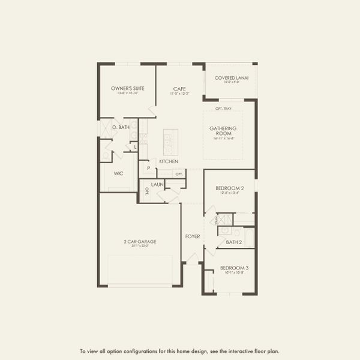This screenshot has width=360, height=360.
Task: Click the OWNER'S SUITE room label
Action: coord(125,88)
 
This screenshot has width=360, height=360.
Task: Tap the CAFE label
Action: coord(179,88)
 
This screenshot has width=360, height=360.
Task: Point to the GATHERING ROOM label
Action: coord(223,130)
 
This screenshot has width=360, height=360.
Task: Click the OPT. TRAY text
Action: coord(223,109)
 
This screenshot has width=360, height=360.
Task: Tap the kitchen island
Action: coord(170,142)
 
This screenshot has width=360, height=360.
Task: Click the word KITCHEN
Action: coord(169,161)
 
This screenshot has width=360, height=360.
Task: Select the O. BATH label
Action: coord(121,127)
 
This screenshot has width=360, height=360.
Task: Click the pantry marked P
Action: coord(148,169)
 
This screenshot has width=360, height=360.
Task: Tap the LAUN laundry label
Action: coord(157,184)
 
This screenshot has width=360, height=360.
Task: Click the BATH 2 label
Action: coord(234,242)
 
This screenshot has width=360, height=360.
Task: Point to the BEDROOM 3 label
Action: coord(234,268)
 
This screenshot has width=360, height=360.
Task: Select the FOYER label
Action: coord(192,236)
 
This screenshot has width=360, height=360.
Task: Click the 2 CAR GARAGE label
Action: coord(140,241)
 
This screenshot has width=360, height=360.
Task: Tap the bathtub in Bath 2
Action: coord(248,238)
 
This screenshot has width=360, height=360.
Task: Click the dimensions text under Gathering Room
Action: coord(223,138)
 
